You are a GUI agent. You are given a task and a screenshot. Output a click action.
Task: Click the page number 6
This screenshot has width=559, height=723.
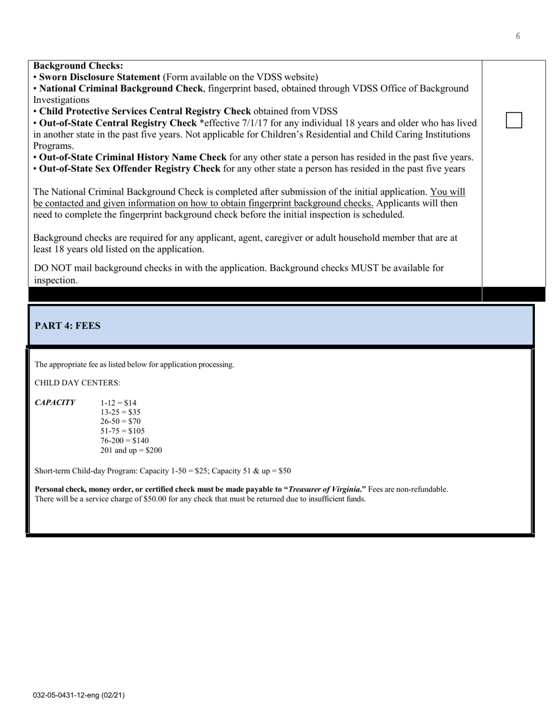point(518,36)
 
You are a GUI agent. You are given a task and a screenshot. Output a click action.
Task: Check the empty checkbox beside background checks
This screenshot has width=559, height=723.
point(514,120)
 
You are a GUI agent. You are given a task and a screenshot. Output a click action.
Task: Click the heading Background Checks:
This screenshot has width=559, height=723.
point(78,66)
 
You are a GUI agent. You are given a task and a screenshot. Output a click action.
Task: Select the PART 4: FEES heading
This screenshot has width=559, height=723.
point(68,326)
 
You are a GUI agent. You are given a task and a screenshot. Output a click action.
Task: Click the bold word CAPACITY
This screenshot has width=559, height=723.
point(55,403)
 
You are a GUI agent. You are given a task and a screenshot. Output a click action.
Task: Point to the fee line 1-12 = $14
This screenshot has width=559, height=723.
point(118,403)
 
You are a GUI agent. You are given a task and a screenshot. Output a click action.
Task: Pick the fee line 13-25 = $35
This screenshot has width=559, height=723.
point(120,412)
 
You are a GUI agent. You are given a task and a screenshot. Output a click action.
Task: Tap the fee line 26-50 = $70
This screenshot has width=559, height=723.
point(120,421)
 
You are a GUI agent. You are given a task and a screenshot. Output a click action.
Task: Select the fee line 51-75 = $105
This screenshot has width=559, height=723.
point(122,431)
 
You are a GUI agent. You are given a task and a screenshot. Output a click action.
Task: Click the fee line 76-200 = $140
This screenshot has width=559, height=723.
point(124,440)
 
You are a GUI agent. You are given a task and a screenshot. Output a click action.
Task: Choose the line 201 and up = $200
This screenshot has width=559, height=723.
point(131,450)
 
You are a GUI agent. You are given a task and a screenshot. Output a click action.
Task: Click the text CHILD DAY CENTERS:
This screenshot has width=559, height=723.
point(77,383)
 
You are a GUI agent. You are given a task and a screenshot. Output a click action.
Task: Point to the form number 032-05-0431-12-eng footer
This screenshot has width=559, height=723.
point(78,695)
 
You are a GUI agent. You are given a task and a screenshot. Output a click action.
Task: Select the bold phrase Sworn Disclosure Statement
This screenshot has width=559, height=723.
point(99,77)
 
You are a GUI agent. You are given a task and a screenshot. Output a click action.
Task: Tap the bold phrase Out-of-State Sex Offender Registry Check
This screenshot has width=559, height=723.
point(130,169)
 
